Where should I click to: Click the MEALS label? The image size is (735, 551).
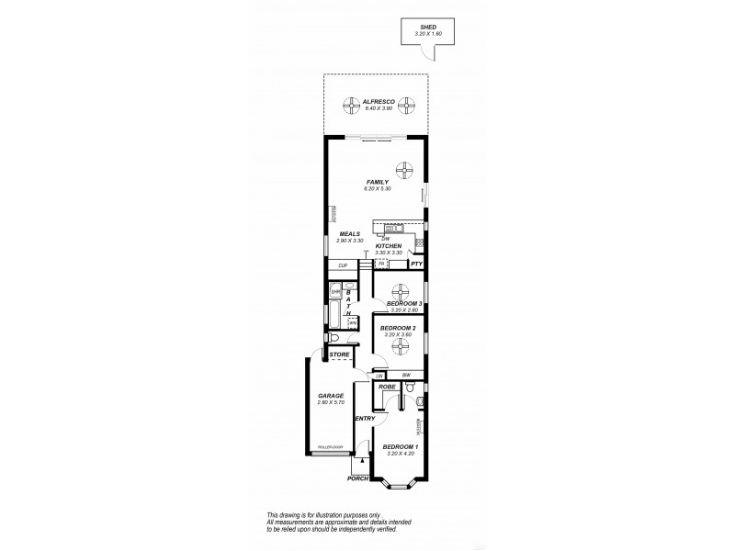click(x=349, y=233)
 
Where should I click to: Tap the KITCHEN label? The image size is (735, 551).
click(x=389, y=247)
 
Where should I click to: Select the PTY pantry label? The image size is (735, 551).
click(x=416, y=264)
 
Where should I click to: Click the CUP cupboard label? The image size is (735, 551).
click(x=343, y=265)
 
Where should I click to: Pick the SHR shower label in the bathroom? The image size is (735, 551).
click(x=335, y=293)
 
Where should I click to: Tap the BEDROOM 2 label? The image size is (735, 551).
click(x=401, y=328)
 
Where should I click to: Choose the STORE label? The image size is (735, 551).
click(x=339, y=354)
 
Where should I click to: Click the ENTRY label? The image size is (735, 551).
click(x=365, y=419)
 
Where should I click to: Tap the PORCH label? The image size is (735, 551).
click(x=357, y=478)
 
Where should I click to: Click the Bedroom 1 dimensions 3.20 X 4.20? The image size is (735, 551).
click(x=401, y=454)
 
